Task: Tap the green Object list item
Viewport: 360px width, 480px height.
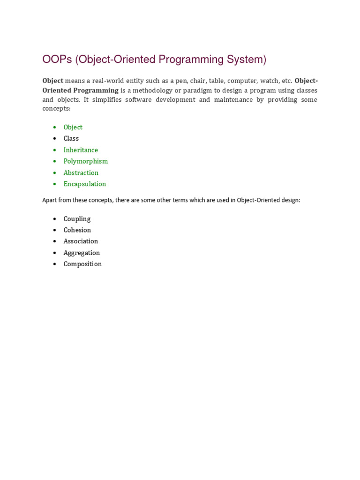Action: point(73,127)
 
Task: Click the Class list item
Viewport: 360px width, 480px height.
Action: point(71,138)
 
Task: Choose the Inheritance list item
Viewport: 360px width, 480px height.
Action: point(81,150)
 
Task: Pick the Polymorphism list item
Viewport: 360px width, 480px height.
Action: point(86,161)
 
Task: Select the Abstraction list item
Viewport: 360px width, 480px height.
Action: point(81,172)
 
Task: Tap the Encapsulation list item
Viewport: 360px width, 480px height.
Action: point(85,184)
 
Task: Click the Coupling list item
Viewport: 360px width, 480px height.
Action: point(77,219)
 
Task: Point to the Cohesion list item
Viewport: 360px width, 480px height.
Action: point(77,230)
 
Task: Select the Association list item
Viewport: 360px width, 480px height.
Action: point(81,241)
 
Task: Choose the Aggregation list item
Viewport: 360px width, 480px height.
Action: point(82,253)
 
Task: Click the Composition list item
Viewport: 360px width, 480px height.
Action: point(82,264)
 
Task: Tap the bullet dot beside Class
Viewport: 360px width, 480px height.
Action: point(55,139)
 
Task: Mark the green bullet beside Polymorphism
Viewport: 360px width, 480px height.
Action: point(55,161)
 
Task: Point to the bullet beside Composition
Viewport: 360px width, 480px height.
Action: point(55,264)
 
